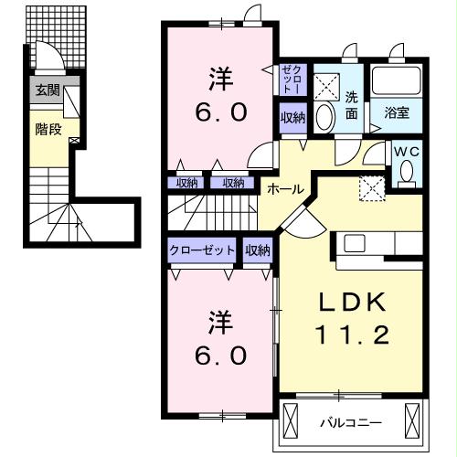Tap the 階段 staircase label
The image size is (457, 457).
[48, 129]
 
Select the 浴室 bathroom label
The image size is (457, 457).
[397, 112]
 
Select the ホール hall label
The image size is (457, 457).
[285, 188]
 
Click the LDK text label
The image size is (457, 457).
[356, 303]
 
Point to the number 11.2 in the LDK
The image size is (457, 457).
[356, 335]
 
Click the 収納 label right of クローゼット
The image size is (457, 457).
[258, 250]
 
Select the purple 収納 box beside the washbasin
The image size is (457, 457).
[292, 117]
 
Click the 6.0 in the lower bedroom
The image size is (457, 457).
[219, 355]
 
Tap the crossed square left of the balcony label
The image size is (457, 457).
[292, 422]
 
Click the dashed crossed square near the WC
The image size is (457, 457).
[370, 187]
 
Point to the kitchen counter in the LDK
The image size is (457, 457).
[375, 244]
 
